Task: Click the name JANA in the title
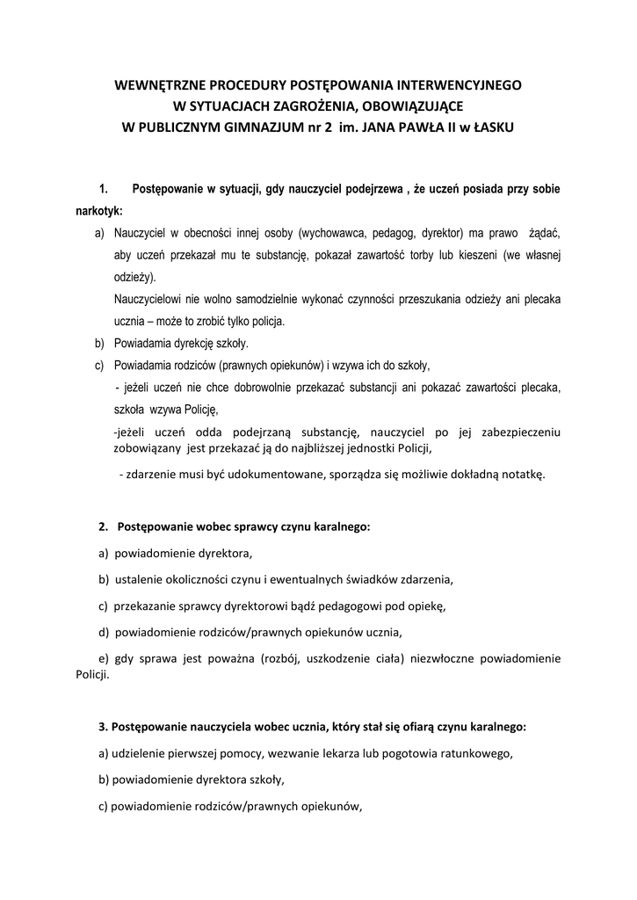click(x=380, y=127)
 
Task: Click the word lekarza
click(x=324, y=753)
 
